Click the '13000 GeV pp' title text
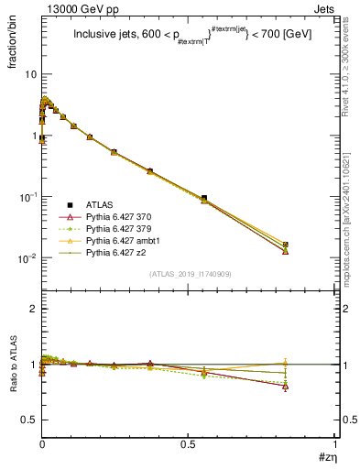click(69, 8)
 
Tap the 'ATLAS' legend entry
click(97, 204)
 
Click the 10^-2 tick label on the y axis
click(27, 258)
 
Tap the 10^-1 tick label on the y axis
click(27, 197)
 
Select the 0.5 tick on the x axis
click(189, 443)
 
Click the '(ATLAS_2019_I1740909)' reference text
click(190, 275)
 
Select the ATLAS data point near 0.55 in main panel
click(204, 198)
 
